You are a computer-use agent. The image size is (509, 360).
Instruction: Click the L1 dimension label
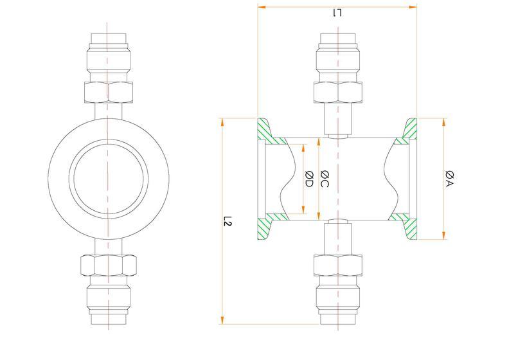pyautogui.click(x=337, y=14)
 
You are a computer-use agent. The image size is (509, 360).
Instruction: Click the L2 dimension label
pyautogui.click(x=228, y=221)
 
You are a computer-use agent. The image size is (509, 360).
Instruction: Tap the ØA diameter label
pyautogui.click(x=450, y=179)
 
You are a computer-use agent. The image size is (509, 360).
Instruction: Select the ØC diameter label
pyautogui.click(x=325, y=179)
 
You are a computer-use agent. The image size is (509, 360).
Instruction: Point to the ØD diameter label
pyautogui.click(x=309, y=179)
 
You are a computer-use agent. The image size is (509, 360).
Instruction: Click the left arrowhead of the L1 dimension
pyautogui.click(x=262, y=7)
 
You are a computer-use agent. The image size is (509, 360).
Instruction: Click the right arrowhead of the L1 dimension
pyautogui.click(x=413, y=7)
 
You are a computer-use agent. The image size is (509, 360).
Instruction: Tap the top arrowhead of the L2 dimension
pyautogui.click(x=222, y=122)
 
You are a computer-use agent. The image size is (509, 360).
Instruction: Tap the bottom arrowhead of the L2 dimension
pyautogui.click(x=222, y=320)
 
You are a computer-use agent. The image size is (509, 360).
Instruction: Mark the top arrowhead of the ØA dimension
pyautogui.click(x=444, y=122)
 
